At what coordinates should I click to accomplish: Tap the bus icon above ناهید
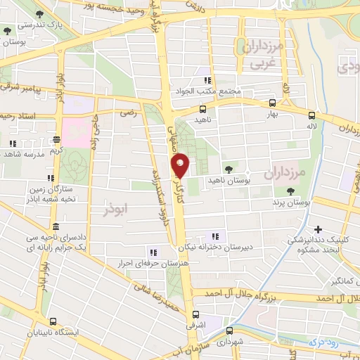[202, 109]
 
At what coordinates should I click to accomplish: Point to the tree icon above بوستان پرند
[288, 192]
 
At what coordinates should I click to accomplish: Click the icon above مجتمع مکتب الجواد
[207, 80]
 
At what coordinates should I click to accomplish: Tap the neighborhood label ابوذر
[117, 210]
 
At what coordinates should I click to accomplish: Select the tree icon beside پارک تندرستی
[7, 32]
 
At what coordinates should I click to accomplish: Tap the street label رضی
[128, 112]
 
